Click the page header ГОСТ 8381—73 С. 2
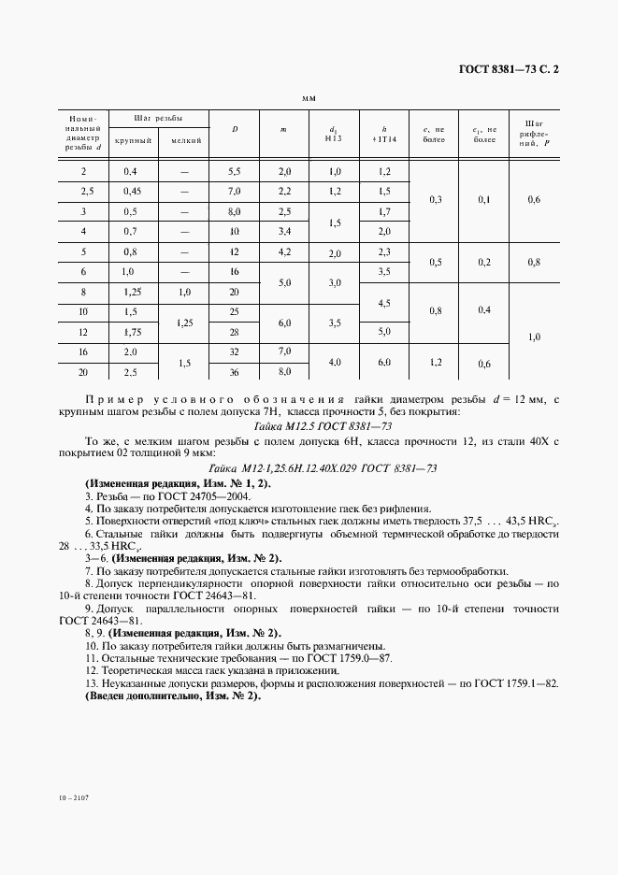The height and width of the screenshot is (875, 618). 514,68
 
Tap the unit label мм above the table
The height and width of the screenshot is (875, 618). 309,97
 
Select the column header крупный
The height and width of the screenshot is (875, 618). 133,140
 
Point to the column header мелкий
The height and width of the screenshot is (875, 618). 184,140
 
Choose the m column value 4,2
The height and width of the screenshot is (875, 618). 284,251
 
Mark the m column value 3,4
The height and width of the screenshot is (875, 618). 284,231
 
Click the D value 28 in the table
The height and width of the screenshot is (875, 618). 235,332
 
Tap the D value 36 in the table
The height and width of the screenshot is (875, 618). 235,372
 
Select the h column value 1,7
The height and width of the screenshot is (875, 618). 383,211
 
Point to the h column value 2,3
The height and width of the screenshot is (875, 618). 383,251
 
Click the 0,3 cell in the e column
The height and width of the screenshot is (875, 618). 435,200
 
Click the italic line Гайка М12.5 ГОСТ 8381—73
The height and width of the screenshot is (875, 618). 309,424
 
